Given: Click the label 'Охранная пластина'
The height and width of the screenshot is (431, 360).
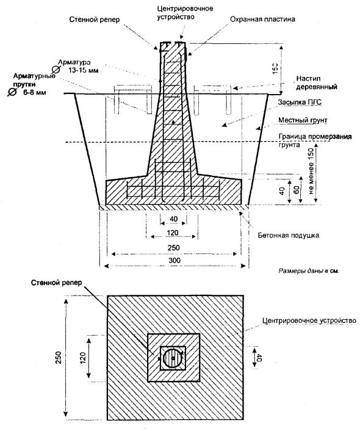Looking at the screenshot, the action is [262, 20].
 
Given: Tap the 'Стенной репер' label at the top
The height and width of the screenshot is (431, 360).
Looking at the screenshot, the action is [94, 20].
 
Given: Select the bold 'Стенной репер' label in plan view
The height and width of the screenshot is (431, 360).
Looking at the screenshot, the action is [56, 283].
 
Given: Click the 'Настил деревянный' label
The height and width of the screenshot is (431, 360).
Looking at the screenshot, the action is [316, 83].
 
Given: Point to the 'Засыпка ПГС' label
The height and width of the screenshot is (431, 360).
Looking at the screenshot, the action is [300, 102].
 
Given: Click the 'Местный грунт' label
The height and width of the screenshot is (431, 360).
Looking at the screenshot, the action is [303, 120].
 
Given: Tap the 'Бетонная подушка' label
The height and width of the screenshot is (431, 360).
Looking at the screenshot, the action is [289, 236].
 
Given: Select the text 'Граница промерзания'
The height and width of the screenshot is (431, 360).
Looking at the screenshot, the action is [315, 137].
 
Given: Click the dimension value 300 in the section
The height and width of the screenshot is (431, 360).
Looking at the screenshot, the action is [175, 260].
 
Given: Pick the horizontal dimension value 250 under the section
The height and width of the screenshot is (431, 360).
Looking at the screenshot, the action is [173, 248].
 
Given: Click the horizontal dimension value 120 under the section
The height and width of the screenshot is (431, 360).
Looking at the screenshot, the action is [173, 233].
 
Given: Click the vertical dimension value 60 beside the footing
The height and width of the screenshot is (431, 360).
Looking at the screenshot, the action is [297, 189].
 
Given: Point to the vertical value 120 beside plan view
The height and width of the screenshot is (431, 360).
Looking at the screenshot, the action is [83, 358].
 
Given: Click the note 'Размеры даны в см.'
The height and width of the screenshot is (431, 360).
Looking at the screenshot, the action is [309, 271].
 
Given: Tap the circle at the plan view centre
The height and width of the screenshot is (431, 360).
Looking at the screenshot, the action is [173, 358].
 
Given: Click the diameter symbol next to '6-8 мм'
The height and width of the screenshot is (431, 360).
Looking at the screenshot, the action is [12, 92].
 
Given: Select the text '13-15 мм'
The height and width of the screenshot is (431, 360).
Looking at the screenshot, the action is [83, 70].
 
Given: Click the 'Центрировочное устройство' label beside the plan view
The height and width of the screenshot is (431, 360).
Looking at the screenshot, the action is [309, 321].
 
